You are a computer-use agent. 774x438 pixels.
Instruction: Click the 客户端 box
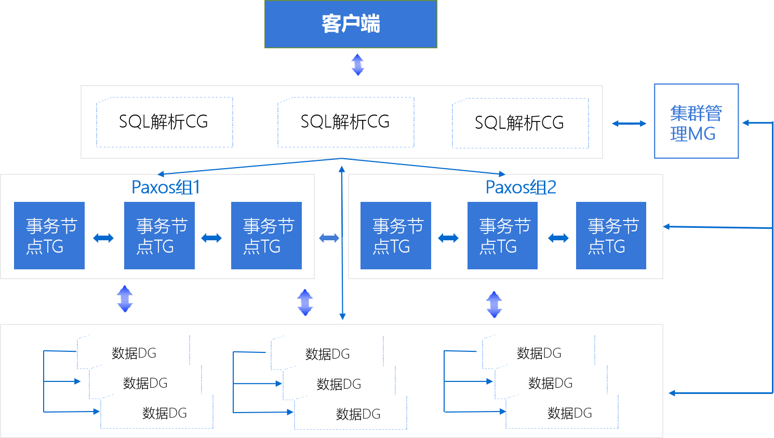click(x=351, y=24)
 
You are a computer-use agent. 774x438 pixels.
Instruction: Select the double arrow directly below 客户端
click(x=357, y=65)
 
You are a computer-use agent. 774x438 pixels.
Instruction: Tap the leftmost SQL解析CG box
click(x=164, y=122)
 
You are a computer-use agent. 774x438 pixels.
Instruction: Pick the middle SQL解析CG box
click(x=345, y=122)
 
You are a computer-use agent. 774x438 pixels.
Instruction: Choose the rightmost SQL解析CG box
click(x=520, y=124)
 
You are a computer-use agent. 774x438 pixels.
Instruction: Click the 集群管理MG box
click(x=696, y=121)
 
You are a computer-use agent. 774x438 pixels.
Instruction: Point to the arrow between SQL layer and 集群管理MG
click(x=629, y=124)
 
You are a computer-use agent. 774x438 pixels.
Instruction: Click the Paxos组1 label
click(x=166, y=187)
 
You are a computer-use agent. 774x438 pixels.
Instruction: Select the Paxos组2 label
click(x=521, y=187)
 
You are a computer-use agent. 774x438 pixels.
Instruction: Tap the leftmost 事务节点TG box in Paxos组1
click(x=49, y=236)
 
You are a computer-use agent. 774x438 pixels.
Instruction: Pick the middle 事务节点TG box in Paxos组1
click(x=159, y=236)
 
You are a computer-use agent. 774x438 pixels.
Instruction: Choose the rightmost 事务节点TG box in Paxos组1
click(x=266, y=236)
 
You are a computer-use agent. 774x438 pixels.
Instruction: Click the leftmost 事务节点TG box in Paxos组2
click(x=396, y=236)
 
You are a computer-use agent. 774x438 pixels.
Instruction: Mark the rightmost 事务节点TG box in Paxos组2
click(x=611, y=236)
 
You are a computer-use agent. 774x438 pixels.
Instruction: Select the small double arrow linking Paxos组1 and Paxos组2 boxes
click(x=329, y=238)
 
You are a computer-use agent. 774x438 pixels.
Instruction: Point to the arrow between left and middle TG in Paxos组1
click(x=103, y=238)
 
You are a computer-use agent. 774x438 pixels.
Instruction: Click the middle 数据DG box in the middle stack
click(x=339, y=384)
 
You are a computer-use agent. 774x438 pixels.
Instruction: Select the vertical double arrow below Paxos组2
click(x=494, y=305)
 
